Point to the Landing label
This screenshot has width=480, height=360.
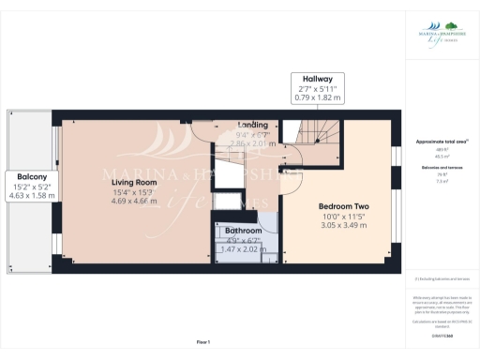(252, 125)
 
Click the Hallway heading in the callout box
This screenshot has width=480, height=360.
(305, 78)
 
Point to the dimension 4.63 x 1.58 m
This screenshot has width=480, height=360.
(33, 196)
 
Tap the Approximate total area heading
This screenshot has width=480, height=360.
(442, 141)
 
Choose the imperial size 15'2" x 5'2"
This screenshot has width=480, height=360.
(33, 186)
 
